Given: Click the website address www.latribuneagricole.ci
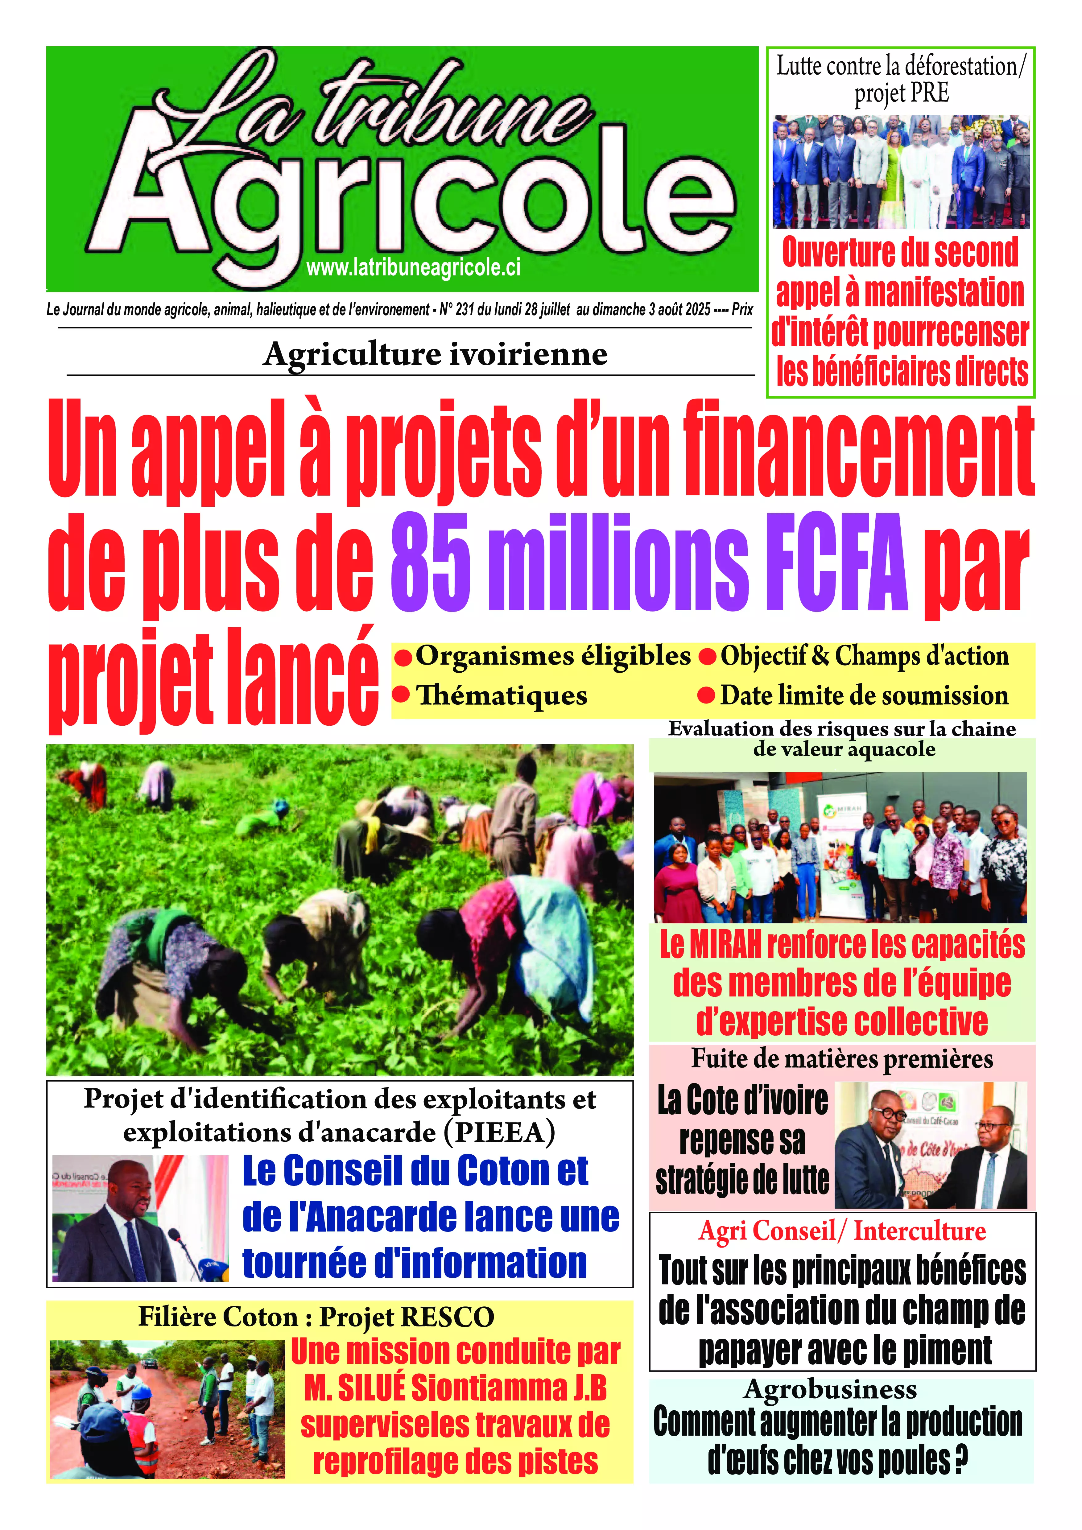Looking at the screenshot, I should coord(413,268).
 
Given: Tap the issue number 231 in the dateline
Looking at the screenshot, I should coord(465,310).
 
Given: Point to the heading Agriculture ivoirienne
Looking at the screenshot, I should coord(435,354).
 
